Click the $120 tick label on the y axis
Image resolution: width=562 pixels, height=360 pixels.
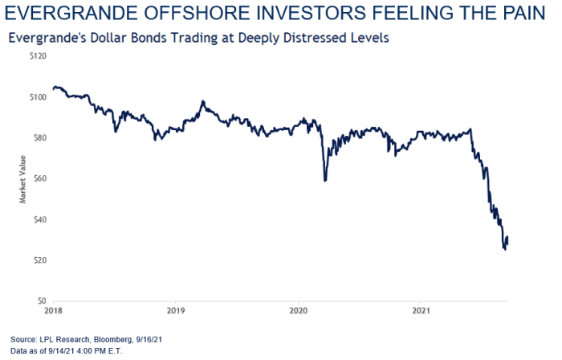pyautogui.click(x=37, y=56)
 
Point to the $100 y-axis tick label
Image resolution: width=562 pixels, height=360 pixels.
pyautogui.click(x=37, y=97)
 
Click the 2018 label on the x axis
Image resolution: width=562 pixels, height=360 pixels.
pyautogui.click(x=53, y=309)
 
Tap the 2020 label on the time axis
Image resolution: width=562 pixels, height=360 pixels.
pyautogui.click(x=298, y=309)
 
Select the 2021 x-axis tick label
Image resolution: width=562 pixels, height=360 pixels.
pyautogui.click(x=421, y=309)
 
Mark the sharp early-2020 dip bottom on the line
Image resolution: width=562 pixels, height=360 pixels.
pyautogui.click(x=324, y=180)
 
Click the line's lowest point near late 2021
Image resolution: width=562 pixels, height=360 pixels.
pyautogui.click(x=505, y=250)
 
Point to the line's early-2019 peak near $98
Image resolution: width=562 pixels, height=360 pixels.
pyautogui.click(x=203, y=101)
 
